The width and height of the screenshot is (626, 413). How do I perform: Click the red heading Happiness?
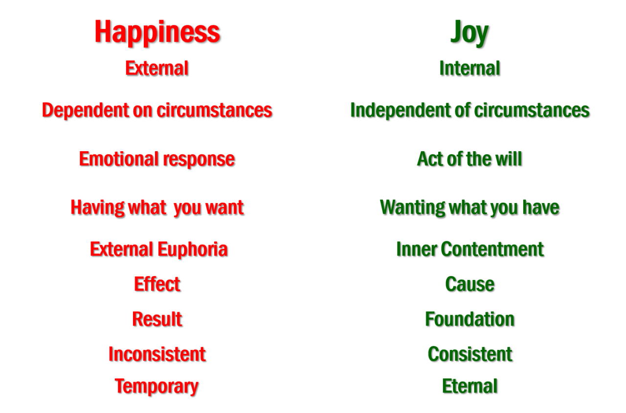pyautogui.click(x=157, y=32)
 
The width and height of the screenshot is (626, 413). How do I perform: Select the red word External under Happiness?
pyautogui.click(x=157, y=68)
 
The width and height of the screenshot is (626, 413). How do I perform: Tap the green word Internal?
pyautogui.click(x=469, y=68)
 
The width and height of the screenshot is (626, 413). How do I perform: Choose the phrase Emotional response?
pyautogui.click(x=157, y=159)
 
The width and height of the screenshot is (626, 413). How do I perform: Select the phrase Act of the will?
pyautogui.click(x=469, y=159)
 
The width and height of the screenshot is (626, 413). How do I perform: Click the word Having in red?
pyautogui.click(x=97, y=207)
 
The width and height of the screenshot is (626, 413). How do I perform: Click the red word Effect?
pyautogui.click(x=157, y=284)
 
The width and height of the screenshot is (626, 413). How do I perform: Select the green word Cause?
pyautogui.click(x=469, y=284)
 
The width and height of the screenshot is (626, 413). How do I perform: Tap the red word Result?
pyautogui.click(x=157, y=319)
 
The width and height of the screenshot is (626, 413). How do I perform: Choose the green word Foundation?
pyautogui.click(x=469, y=319)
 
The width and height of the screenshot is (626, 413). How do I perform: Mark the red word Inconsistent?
pyautogui.click(x=157, y=354)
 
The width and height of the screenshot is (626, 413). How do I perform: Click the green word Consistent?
pyautogui.click(x=469, y=354)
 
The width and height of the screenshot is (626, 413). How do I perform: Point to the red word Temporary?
pyautogui.click(x=156, y=386)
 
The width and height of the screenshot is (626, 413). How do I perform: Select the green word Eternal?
pyautogui.click(x=469, y=386)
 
